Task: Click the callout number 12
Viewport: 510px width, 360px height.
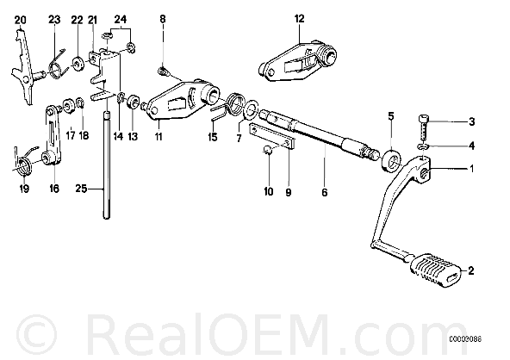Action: tap(299, 19)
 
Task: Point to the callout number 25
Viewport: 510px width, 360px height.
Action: tap(81, 189)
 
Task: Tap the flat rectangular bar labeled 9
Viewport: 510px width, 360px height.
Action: tap(272, 136)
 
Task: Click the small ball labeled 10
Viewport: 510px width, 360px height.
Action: tap(267, 150)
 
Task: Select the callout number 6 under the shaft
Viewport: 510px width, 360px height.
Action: tap(324, 192)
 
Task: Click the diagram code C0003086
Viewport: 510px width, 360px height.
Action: tap(465, 339)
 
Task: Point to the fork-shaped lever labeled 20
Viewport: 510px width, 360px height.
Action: tap(23, 66)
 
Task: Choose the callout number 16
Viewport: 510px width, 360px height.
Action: tap(54, 189)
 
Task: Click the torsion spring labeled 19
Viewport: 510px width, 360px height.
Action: tap(23, 161)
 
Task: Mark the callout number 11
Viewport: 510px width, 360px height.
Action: tap(159, 137)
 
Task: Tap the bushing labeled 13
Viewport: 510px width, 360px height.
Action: tap(133, 102)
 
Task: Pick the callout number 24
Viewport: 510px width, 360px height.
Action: tap(120, 19)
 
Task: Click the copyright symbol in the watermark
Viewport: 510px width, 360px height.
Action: tap(36, 333)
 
